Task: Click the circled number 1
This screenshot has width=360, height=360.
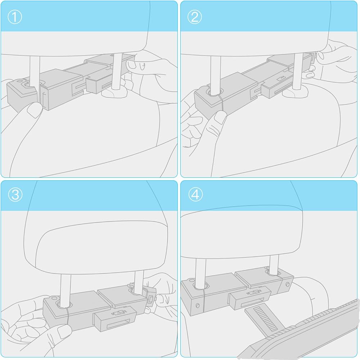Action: [15, 17]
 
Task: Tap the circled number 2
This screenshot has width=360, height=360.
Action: [194, 17]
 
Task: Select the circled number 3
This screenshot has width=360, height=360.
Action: [15, 194]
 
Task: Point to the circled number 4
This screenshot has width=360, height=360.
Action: [195, 194]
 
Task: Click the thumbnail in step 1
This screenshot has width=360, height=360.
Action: [34, 110]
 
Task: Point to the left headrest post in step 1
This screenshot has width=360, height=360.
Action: [35, 71]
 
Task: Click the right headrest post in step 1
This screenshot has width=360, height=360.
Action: [117, 72]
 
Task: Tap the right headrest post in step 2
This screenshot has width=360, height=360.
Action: [298, 72]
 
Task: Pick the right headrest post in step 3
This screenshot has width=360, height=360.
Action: [139, 282]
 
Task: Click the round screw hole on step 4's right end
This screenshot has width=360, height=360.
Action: [288, 285]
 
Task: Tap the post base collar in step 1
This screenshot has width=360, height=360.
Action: [114, 93]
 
